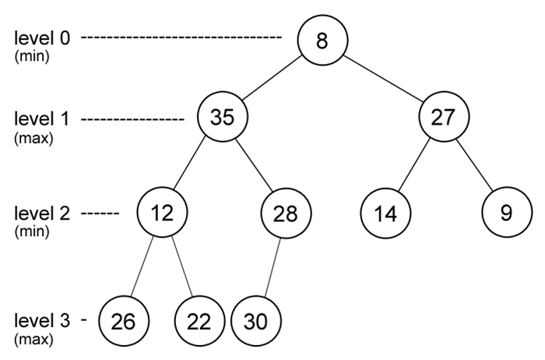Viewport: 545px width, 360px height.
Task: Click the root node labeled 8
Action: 322,40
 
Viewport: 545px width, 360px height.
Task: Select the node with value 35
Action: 222,118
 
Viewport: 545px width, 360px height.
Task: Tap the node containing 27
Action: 443,118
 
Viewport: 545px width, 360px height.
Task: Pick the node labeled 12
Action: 162,213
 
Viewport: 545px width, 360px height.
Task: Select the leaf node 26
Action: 124,320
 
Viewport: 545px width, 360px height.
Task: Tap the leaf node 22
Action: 199,320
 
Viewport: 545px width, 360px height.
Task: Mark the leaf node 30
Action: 255,320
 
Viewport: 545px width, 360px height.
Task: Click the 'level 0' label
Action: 42,37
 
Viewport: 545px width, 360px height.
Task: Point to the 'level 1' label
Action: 42,119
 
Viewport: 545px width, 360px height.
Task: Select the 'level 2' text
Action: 42,213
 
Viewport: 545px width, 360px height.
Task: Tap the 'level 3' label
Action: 42,320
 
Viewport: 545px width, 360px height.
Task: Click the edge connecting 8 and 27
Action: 382,79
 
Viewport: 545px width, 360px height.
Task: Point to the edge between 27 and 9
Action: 475,167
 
